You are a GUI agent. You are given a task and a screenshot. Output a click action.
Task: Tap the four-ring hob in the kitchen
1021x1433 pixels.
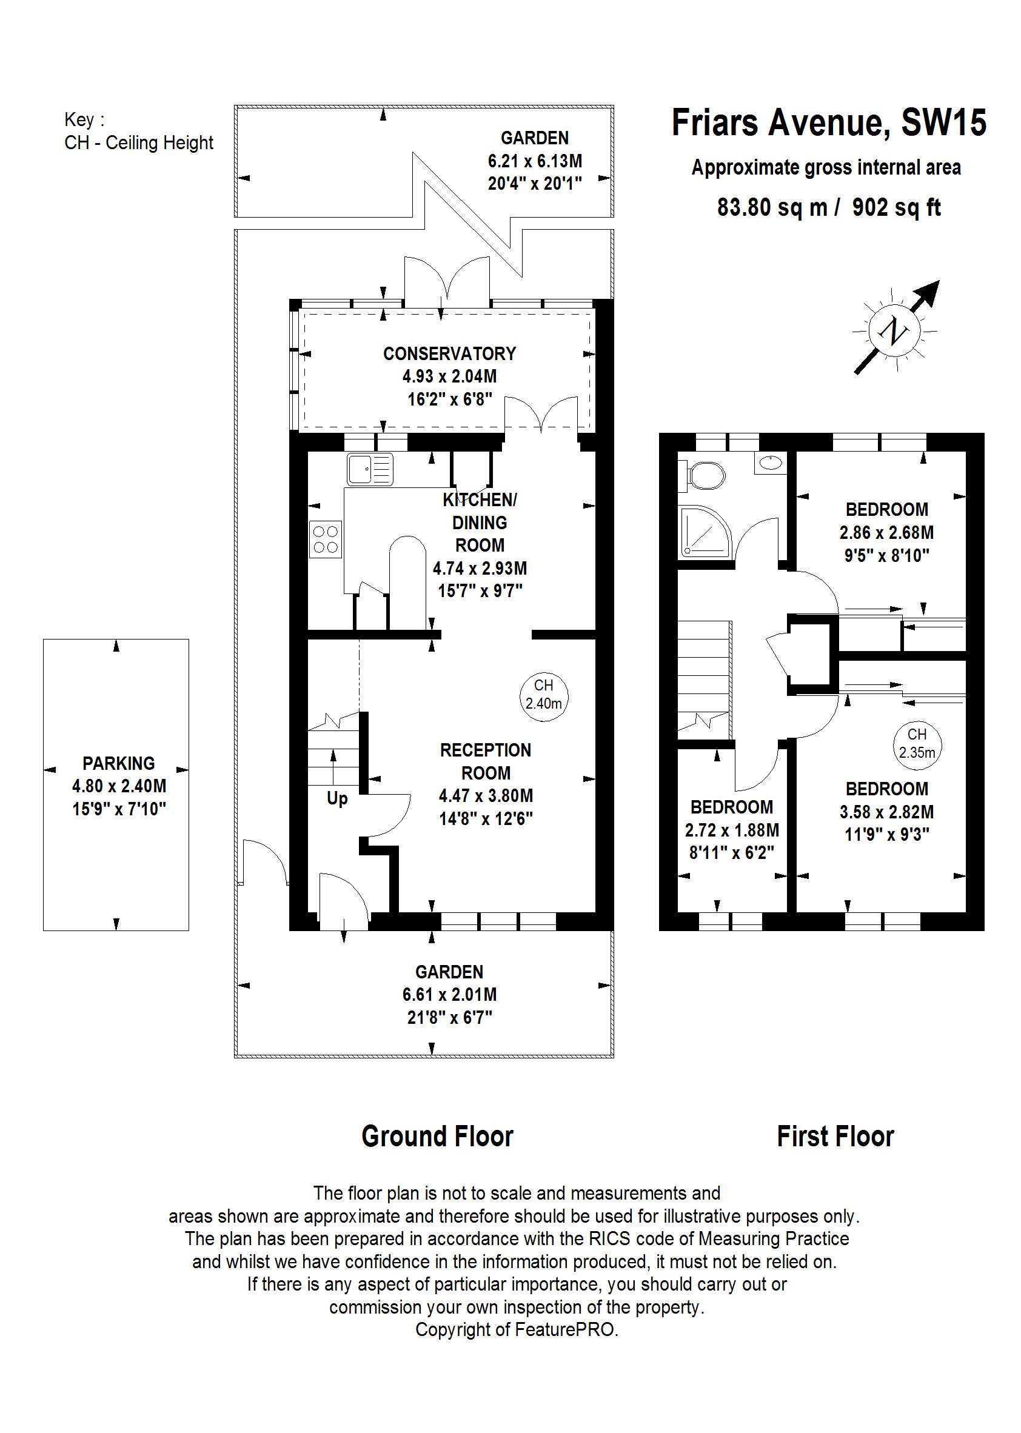[x=325, y=539]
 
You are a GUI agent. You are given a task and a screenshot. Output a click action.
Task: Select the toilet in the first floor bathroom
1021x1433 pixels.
[x=705, y=476]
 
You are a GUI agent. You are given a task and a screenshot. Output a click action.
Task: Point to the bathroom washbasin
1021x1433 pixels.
[x=770, y=463]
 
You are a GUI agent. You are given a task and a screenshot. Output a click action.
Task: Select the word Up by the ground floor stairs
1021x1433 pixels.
[x=337, y=798]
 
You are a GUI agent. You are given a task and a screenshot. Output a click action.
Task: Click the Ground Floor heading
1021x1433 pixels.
[x=437, y=1136]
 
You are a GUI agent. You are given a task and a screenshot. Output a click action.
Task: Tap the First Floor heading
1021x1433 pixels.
[x=835, y=1136]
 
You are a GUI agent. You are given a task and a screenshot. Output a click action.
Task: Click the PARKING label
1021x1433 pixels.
[x=118, y=763]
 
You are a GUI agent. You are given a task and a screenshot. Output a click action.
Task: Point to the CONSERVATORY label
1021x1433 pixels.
[x=449, y=353]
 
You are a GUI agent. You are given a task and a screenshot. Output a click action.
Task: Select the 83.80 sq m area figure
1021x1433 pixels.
[x=772, y=207]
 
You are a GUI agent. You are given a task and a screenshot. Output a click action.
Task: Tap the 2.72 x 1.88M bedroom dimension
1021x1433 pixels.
[x=731, y=830]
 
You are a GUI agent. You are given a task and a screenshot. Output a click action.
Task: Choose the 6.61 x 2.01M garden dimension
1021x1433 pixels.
[x=449, y=994]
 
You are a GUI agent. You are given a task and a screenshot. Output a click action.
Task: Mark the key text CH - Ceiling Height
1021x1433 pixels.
[x=138, y=142]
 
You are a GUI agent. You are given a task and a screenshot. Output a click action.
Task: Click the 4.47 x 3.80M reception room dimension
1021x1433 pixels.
[x=486, y=796]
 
